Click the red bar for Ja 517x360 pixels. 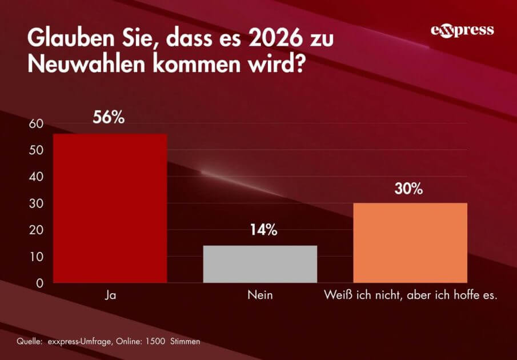point(110,208)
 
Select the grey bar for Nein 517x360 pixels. point(260,264)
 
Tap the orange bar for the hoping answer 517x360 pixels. point(410,242)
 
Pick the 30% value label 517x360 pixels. point(408,189)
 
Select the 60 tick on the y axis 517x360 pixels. point(36,124)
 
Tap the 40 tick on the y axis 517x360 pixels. point(36,177)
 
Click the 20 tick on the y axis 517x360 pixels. point(36,230)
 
